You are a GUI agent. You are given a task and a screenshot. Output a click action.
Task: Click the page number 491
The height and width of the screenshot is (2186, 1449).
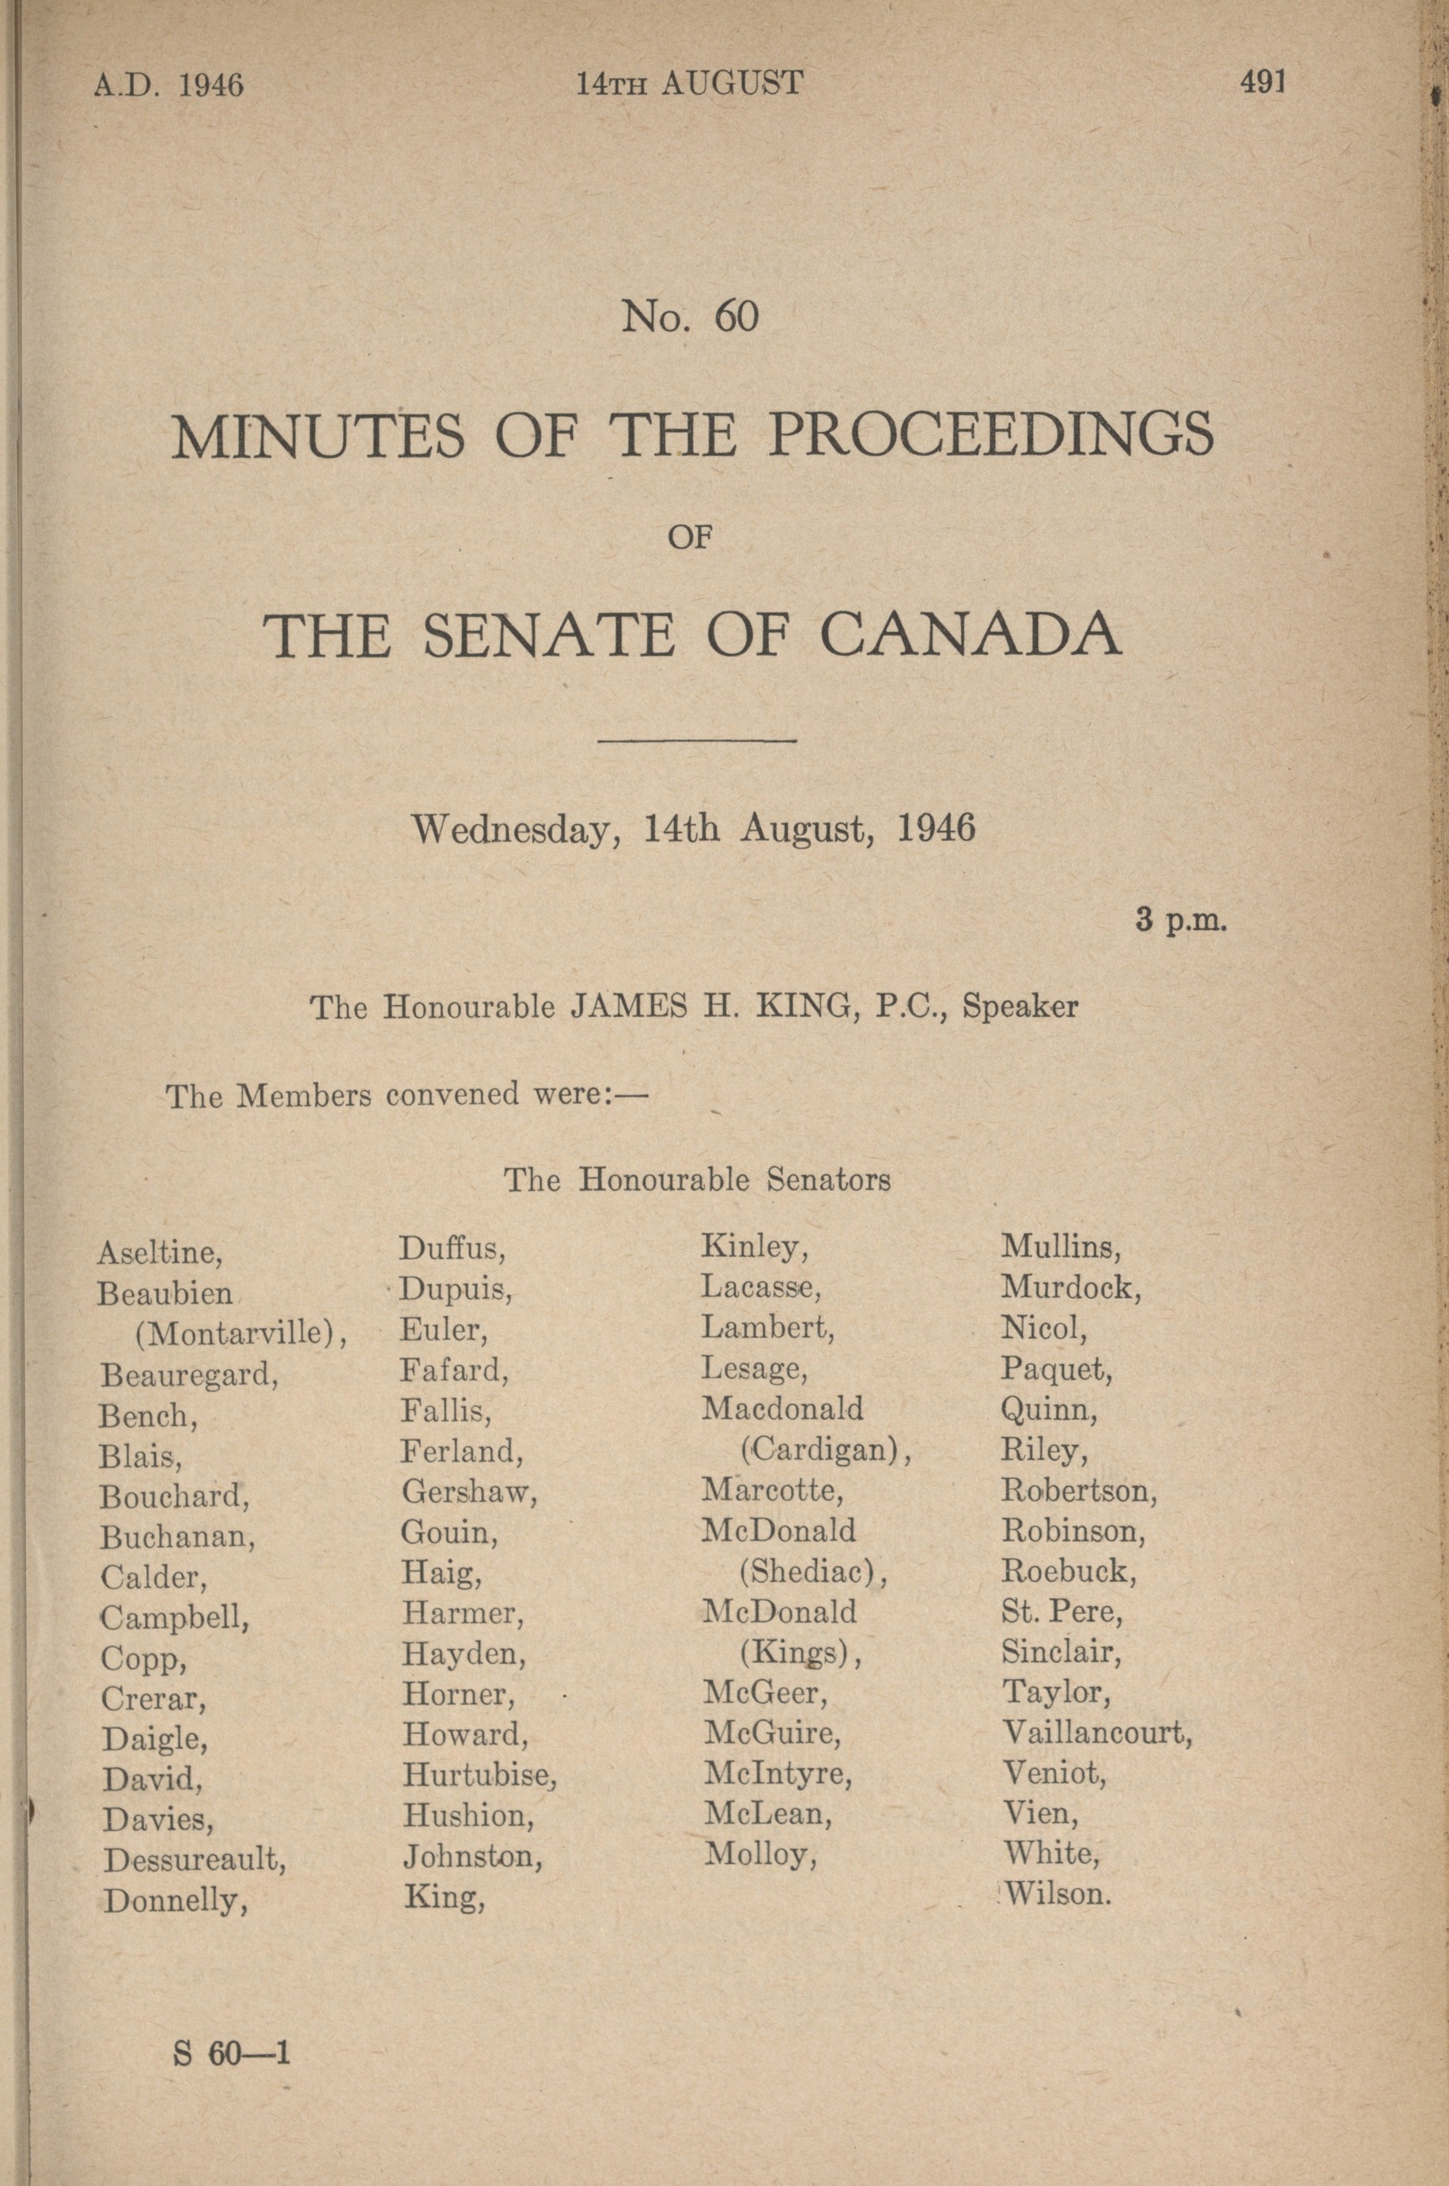click(1262, 82)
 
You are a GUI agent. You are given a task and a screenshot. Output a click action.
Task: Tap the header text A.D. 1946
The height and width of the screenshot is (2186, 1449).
click(168, 85)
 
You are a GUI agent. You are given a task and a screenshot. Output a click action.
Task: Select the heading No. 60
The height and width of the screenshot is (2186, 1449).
click(690, 317)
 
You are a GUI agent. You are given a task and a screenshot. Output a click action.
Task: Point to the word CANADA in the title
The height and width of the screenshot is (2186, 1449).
click(970, 635)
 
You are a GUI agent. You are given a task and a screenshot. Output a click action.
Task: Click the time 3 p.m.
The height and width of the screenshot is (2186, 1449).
click(1181, 921)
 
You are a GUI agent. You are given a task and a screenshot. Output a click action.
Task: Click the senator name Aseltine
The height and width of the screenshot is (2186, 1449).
click(160, 1254)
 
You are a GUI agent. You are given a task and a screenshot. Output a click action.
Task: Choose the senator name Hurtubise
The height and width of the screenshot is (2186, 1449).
click(479, 1775)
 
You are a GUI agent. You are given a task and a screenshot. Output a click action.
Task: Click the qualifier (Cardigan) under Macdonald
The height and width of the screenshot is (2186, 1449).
click(825, 1450)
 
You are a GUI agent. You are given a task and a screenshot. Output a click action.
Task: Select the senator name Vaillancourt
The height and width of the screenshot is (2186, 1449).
click(1097, 1732)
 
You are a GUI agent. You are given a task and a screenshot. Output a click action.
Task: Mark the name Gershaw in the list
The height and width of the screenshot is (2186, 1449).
click(468, 1492)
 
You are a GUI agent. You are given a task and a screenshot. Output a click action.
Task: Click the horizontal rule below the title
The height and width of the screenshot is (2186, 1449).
click(698, 740)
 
